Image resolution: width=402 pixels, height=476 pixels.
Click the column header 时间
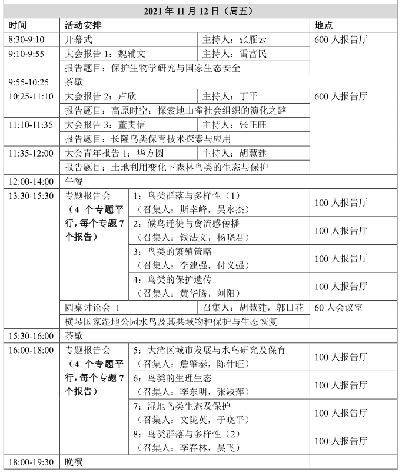pos(19,26)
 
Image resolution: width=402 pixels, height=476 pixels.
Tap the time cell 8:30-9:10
pos(26,40)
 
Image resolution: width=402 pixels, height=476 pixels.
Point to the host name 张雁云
pos(253,40)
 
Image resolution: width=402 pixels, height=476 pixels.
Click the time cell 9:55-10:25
pos(29,82)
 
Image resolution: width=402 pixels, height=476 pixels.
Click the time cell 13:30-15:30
pos(31,195)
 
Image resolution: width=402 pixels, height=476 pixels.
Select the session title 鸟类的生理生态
pos(177,378)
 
